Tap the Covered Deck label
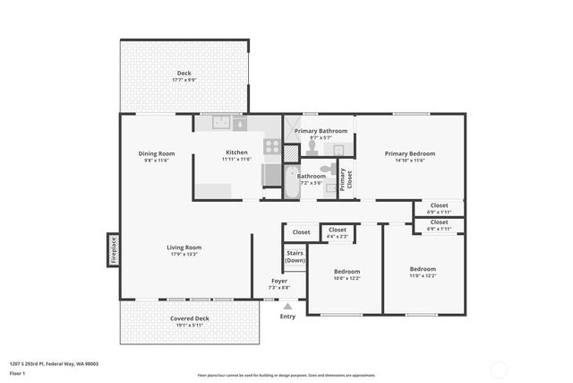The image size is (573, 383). coord(189,318)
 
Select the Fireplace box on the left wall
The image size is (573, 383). coord(114,249)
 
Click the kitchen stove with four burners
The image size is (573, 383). coord(272,147)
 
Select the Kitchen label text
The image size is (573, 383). coord(236,152)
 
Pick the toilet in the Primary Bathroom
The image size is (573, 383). coord(312,145)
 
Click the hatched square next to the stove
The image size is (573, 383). coord(291,152)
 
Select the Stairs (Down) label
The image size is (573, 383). coord(295,257)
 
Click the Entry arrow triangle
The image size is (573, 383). coord(287,307)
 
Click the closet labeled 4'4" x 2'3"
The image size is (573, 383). coord(338,233)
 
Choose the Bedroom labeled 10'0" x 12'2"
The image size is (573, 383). coord(346,274)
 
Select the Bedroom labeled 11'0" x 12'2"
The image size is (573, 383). coord(423,272)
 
